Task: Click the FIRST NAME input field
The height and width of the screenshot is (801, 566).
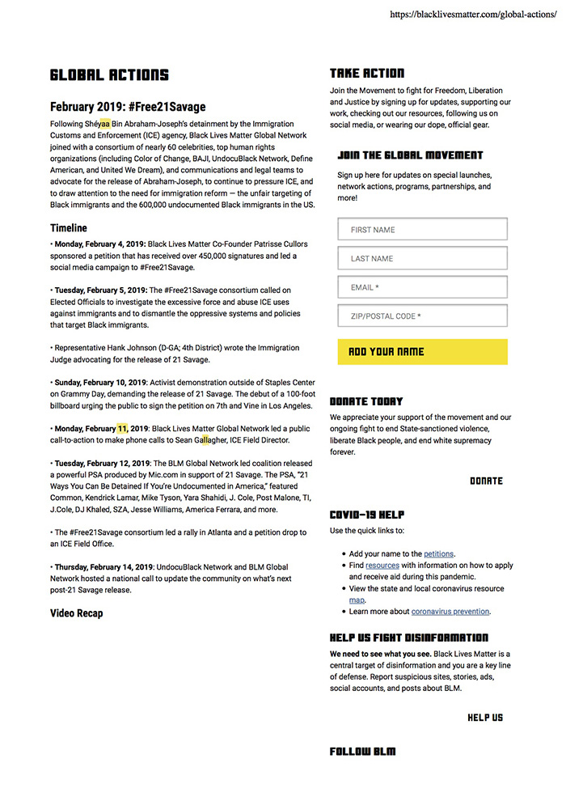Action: [422, 230]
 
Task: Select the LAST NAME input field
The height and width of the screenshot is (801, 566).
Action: [422, 258]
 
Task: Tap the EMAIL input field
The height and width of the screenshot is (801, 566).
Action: [422, 287]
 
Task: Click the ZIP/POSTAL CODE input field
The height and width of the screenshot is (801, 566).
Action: [422, 316]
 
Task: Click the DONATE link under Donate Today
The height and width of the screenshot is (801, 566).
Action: [486, 481]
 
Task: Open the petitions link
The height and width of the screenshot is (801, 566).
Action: [439, 553]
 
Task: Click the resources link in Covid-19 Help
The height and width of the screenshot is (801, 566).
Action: [382, 565]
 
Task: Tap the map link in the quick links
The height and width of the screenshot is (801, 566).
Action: [357, 600]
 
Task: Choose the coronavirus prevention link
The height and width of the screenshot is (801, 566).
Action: [450, 612]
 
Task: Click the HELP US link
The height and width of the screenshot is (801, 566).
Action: [485, 718]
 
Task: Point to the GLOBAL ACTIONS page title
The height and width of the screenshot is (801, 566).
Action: [109, 75]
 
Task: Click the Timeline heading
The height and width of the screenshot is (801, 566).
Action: [69, 228]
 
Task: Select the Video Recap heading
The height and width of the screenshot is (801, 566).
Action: [77, 613]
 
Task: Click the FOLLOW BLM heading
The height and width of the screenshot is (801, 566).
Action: [363, 752]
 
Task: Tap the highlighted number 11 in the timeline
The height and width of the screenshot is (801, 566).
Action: [122, 428]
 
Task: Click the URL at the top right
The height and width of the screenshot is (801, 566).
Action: [473, 15]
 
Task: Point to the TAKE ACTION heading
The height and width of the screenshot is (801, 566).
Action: [367, 73]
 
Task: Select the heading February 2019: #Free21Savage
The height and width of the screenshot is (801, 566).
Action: [128, 106]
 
